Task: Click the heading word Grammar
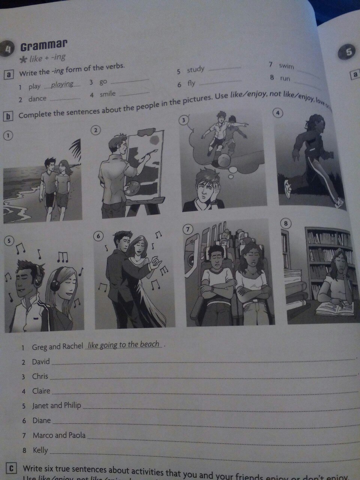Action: click(43, 46)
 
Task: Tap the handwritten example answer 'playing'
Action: click(62, 84)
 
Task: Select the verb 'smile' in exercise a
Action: click(107, 94)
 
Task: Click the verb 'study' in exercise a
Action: click(195, 69)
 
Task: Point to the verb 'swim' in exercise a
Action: click(286, 66)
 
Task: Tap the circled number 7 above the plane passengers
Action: click(187, 228)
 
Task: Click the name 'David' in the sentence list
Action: click(40, 362)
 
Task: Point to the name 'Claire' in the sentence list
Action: click(41, 391)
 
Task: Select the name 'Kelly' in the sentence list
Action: click(40, 450)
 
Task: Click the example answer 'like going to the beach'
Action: click(124, 345)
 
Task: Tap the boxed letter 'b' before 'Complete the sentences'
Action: click(7, 116)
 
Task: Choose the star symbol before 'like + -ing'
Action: click(23, 60)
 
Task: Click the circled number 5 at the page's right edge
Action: click(348, 52)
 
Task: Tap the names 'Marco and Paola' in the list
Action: click(59, 435)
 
